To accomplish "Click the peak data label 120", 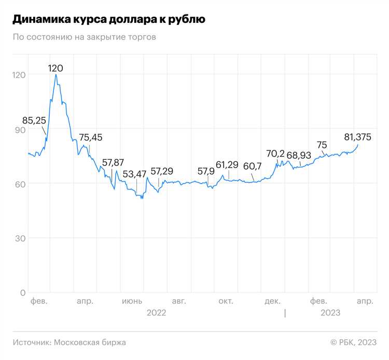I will point(55,68).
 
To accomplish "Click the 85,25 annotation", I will point(34,120).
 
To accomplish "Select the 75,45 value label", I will point(91,137).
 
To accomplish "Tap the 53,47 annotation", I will point(135,173).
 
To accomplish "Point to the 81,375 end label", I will point(358,137).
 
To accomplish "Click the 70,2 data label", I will point(275,154).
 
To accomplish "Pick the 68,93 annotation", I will point(299,156).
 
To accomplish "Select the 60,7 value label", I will point(252,166).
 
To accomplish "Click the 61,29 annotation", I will point(227,165).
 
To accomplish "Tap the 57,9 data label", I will point(206,171).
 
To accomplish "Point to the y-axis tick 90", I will point(19,129).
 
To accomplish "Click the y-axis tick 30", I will point(19,238).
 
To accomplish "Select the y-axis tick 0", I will point(22,293).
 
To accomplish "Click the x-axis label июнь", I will point(131,301).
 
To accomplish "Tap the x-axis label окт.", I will point(226,301).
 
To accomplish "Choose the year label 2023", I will point(330,312).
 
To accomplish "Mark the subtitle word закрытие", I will point(96,37).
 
